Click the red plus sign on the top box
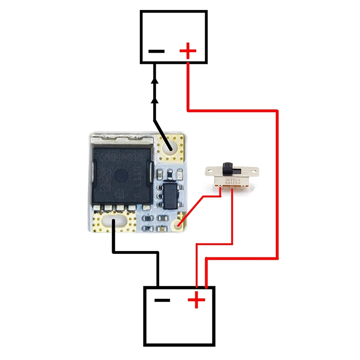pos(188,51)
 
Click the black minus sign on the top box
pos(156,51)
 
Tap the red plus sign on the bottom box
pos(196,300)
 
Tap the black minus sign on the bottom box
pos(162,300)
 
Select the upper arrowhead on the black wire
pos(155,81)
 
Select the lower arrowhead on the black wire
pos(155,100)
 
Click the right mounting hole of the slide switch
pos(255,172)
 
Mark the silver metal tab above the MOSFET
pos(121,143)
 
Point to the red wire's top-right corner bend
pos(277,109)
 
